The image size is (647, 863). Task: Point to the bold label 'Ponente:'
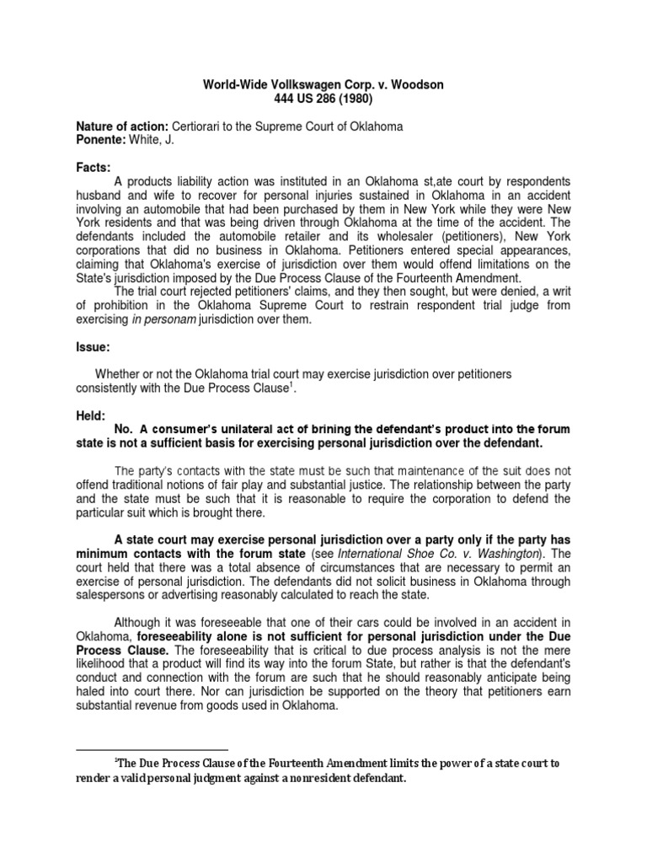point(102,140)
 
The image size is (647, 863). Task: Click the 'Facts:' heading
point(94,169)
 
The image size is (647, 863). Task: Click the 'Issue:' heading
point(94,346)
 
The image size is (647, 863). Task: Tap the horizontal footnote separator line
point(152,748)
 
